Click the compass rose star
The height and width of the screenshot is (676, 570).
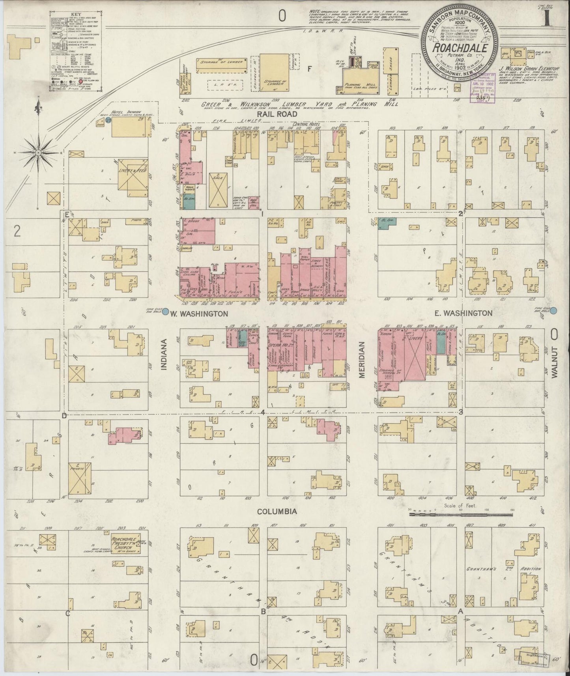point(39,152)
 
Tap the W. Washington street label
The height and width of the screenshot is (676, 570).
point(199,314)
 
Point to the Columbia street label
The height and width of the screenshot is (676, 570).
point(277,512)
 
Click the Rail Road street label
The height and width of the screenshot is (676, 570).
point(277,114)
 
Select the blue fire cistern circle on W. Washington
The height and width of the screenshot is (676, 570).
point(166,312)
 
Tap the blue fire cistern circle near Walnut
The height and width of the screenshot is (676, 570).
point(554,311)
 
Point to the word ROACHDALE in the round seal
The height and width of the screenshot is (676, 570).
point(460,49)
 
